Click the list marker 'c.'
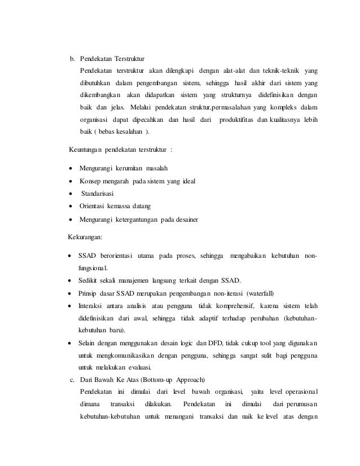[71, 379]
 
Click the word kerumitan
[131, 169]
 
